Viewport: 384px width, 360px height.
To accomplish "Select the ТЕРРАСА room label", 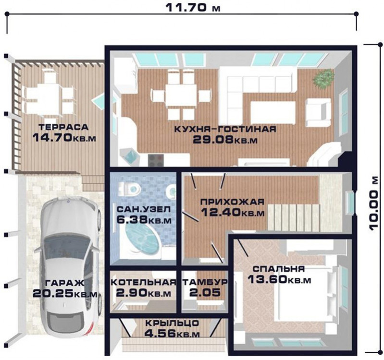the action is tap(63, 127).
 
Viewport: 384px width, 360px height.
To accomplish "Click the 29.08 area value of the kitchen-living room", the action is tap(213, 140).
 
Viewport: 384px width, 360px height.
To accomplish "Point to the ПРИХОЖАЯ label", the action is tap(233, 202).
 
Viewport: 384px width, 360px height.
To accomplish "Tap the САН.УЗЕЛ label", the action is tap(143, 209).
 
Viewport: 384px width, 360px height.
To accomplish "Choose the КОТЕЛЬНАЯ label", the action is tap(144, 282).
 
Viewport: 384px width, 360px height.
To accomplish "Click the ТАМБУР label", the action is tap(205, 282).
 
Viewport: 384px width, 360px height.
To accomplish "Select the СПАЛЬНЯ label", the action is tap(279, 269).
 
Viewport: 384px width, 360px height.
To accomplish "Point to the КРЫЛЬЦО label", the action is tap(172, 323).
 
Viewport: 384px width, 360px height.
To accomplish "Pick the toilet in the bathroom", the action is tap(130, 189).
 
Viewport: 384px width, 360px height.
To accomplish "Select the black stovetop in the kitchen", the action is tap(156, 160).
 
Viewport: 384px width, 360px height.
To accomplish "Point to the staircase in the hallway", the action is tap(294, 218).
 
